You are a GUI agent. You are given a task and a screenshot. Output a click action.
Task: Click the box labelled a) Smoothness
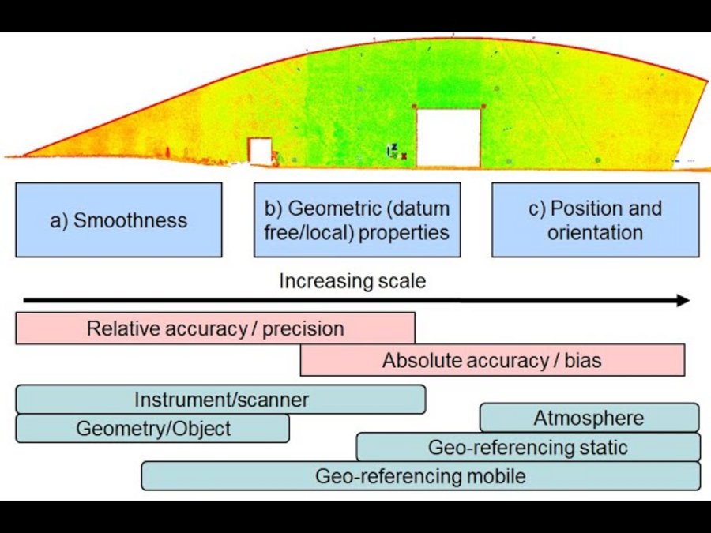coord(118,220)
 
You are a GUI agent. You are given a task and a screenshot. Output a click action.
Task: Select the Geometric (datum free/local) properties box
coord(357,220)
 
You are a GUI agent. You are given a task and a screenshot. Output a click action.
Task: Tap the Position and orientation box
coord(596,220)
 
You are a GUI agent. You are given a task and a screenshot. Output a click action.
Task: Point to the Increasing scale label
coord(352,281)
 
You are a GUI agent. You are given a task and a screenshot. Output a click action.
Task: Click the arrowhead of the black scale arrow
coord(683,300)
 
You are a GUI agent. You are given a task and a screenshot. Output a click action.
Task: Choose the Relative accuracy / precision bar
coord(216,328)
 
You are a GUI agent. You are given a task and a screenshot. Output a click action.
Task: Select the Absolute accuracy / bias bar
coord(492,360)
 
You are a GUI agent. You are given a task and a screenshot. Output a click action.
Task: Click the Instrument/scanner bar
coord(221,400)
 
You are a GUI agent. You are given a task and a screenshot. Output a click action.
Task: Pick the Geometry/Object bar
coord(152,428)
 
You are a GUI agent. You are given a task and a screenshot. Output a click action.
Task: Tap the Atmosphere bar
coord(589,418)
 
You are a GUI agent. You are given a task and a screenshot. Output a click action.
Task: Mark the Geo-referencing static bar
coord(529,447)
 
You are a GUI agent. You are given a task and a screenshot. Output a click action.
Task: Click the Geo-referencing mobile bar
coord(421,476)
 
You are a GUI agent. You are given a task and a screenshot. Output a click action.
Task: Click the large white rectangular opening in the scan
coord(448,137)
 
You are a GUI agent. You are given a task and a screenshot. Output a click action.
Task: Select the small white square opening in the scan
coord(260,151)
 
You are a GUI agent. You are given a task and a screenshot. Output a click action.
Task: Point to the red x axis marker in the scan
coord(404,156)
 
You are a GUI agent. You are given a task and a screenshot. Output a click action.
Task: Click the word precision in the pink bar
coord(303,329)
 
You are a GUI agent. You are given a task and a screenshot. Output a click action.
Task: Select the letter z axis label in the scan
coord(394,147)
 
